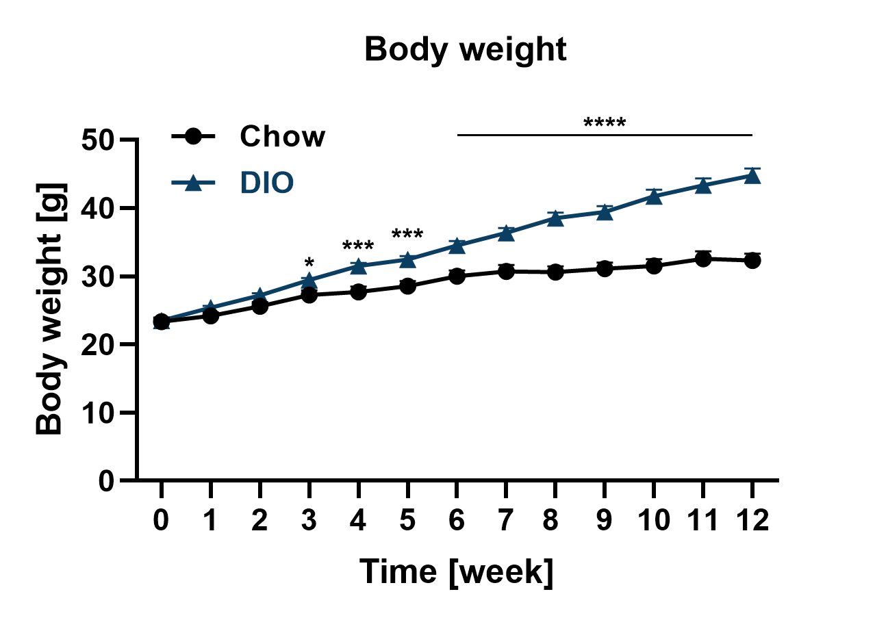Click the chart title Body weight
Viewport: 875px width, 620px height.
pos(466,51)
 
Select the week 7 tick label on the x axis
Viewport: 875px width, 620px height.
pos(506,521)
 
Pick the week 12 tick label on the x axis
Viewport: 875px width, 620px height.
pos(752,521)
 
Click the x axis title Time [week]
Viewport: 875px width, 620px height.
pos(457,571)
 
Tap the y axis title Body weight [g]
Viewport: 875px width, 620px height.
pos(49,309)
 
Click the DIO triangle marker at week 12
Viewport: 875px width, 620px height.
pos(752,176)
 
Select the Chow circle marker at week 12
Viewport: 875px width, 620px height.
pos(752,260)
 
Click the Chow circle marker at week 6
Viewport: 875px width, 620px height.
pos(457,276)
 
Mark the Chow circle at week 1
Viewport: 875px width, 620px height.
pos(211,315)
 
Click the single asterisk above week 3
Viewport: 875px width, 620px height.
pos(309,263)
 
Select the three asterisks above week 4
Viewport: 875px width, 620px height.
pos(358,246)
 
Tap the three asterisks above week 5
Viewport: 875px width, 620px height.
pos(407,235)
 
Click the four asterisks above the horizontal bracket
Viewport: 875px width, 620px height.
pos(605,124)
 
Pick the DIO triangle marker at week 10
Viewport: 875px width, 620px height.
pos(654,197)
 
